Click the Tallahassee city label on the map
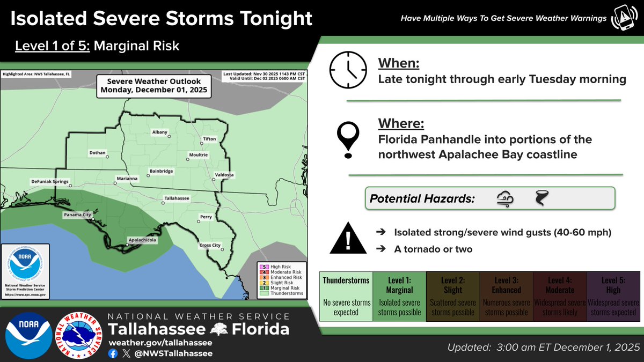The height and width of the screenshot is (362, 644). [177, 198]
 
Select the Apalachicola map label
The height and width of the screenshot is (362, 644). [142, 240]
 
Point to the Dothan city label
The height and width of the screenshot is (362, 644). [97, 152]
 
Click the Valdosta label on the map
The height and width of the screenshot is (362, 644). [224, 175]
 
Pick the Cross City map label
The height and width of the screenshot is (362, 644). [210, 245]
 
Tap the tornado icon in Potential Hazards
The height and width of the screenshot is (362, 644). [541, 199]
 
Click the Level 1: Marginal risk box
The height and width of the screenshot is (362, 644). [399, 295]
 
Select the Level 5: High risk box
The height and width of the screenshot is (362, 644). [613, 295]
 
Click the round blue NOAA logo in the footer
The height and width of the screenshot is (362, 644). [27, 336]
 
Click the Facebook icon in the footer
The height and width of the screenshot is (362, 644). [113, 353]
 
